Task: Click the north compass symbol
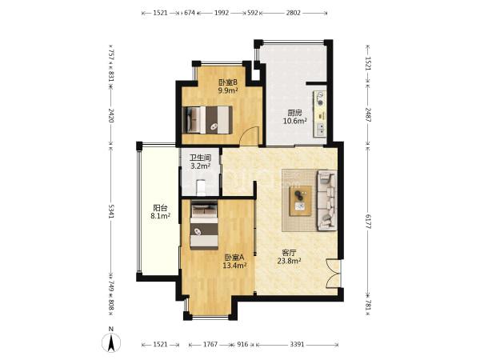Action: click(x=111, y=340)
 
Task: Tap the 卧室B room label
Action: click(x=228, y=82)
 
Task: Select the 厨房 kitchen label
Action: click(x=294, y=113)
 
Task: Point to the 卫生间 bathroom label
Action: click(x=201, y=158)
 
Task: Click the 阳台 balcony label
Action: click(x=160, y=208)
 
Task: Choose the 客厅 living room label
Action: click(x=289, y=253)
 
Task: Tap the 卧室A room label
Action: click(x=234, y=258)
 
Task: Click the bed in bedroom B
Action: click(x=207, y=120)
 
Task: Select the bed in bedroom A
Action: click(x=204, y=225)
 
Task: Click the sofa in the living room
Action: click(x=327, y=201)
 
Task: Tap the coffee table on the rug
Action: click(x=301, y=201)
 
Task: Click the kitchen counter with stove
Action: click(x=319, y=114)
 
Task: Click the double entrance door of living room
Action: click(x=334, y=274)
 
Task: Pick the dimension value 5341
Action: click(x=111, y=211)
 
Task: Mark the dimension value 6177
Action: click(x=368, y=222)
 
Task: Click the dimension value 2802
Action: click(x=294, y=13)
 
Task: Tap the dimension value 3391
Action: click(x=297, y=344)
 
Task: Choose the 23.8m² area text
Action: click(x=289, y=261)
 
